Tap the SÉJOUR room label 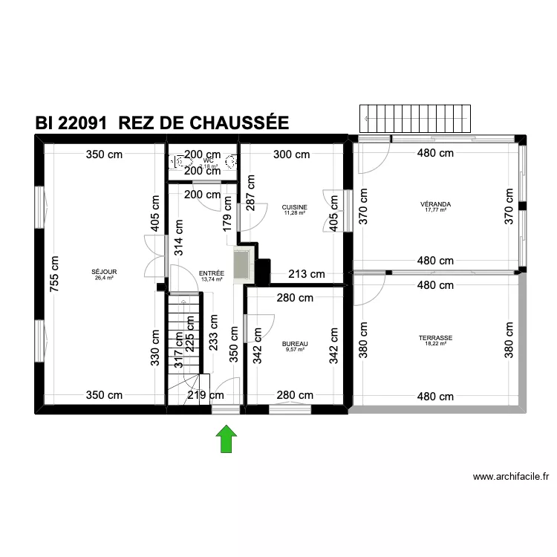coord(104,272)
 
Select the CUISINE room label coord(294,207)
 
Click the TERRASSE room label coord(435,337)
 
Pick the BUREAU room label coord(295,344)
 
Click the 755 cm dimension coord(53,275)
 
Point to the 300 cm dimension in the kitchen coord(291,154)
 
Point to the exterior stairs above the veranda coord(415,117)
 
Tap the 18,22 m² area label coord(435,344)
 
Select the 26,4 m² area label coord(104,278)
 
